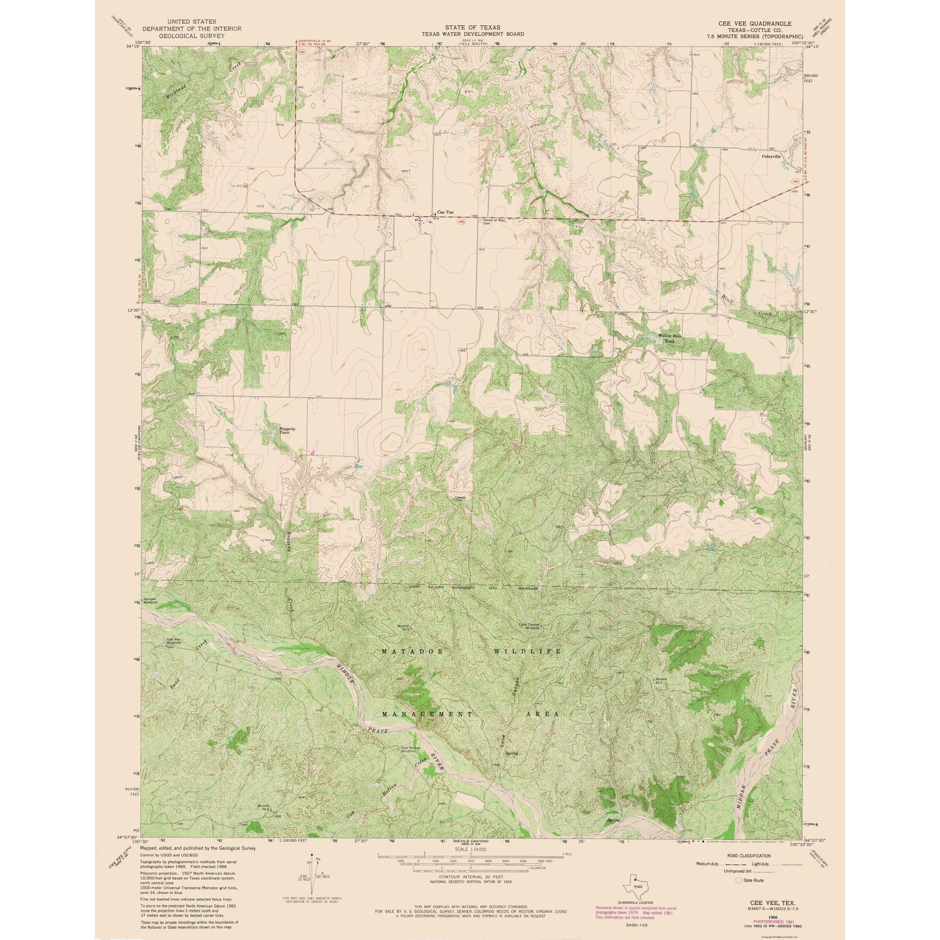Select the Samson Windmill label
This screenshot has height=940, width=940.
pyautogui.click(x=150, y=600)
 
